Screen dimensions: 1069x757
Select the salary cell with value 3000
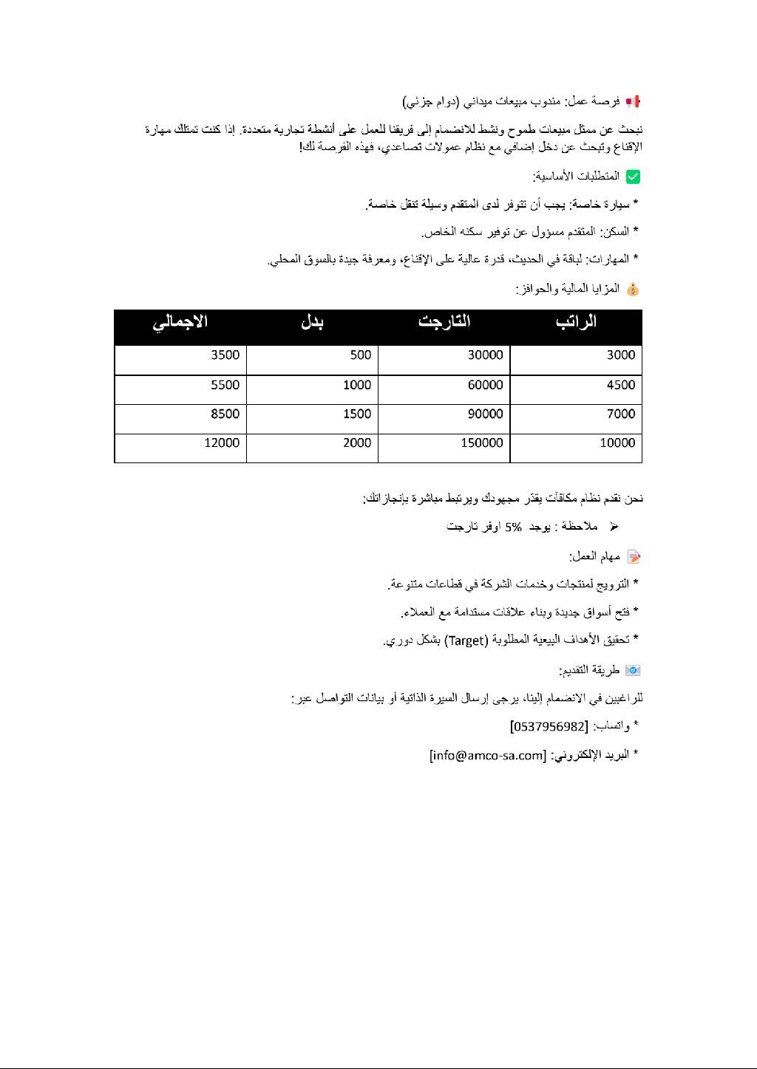(621, 355)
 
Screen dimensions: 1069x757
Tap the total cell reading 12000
(222, 443)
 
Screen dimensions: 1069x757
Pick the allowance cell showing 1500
(357, 414)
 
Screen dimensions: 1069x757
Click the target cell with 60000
(486, 385)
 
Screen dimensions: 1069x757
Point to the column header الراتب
(577, 322)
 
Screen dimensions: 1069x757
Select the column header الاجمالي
(180, 322)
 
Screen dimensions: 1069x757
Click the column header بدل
(313, 322)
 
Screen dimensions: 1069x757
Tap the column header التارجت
(444, 322)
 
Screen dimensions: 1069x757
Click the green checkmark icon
(633, 177)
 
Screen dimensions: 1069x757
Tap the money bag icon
(632, 290)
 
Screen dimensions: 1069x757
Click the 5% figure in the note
(514, 527)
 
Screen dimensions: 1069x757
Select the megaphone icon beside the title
(633, 101)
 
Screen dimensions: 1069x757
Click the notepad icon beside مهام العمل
(633, 556)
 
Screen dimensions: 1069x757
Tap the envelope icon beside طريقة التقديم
(633, 670)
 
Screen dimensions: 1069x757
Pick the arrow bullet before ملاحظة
(614, 527)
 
